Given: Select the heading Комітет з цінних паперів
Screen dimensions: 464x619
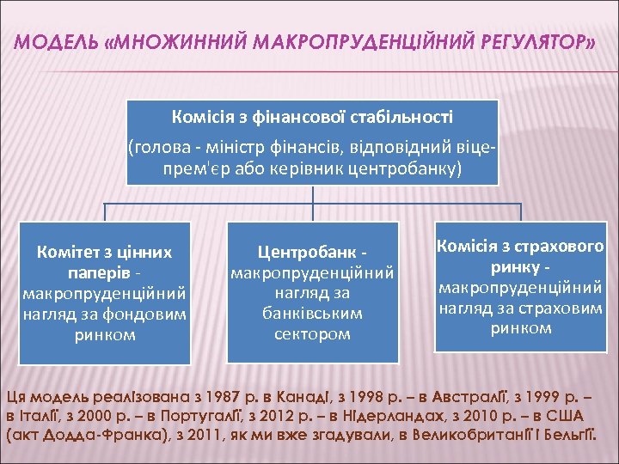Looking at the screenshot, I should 104,262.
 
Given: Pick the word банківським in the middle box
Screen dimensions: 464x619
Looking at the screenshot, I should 312,314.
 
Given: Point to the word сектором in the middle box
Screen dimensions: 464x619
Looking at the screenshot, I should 312,333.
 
